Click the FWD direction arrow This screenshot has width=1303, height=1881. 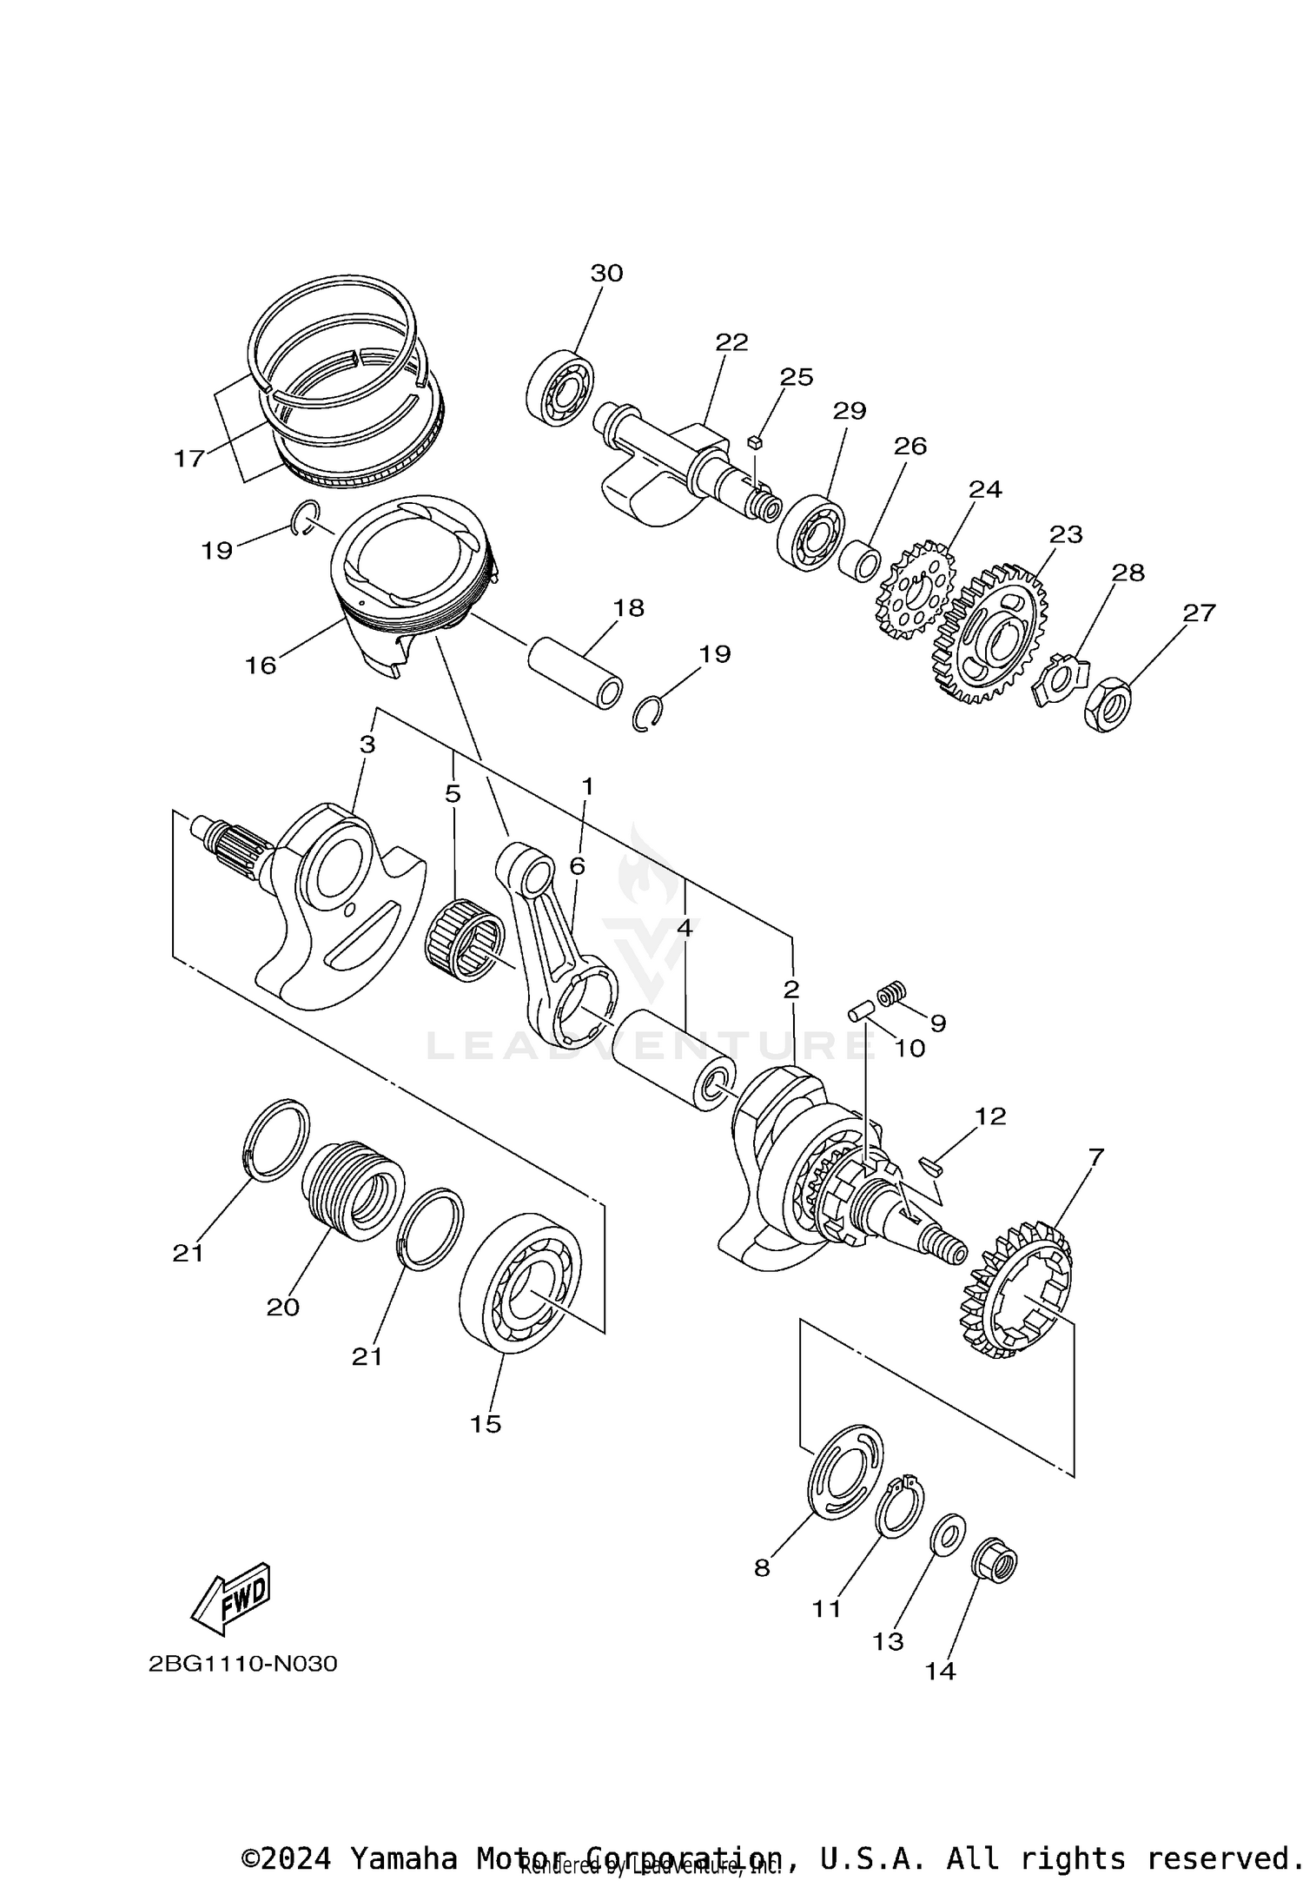pyautogui.click(x=230, y=1599)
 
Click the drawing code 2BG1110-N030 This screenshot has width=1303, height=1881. pyautogui.click(x=242, y=1664)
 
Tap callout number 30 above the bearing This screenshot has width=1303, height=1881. pyautogui.click(x=606, y=273)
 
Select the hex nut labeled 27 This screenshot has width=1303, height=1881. pyautogui.click(x=1107, y=703)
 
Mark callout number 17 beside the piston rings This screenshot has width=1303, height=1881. pyautogui.click(x=189, y=458)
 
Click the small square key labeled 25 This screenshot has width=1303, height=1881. pyautogui.click(x=754, y=442)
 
